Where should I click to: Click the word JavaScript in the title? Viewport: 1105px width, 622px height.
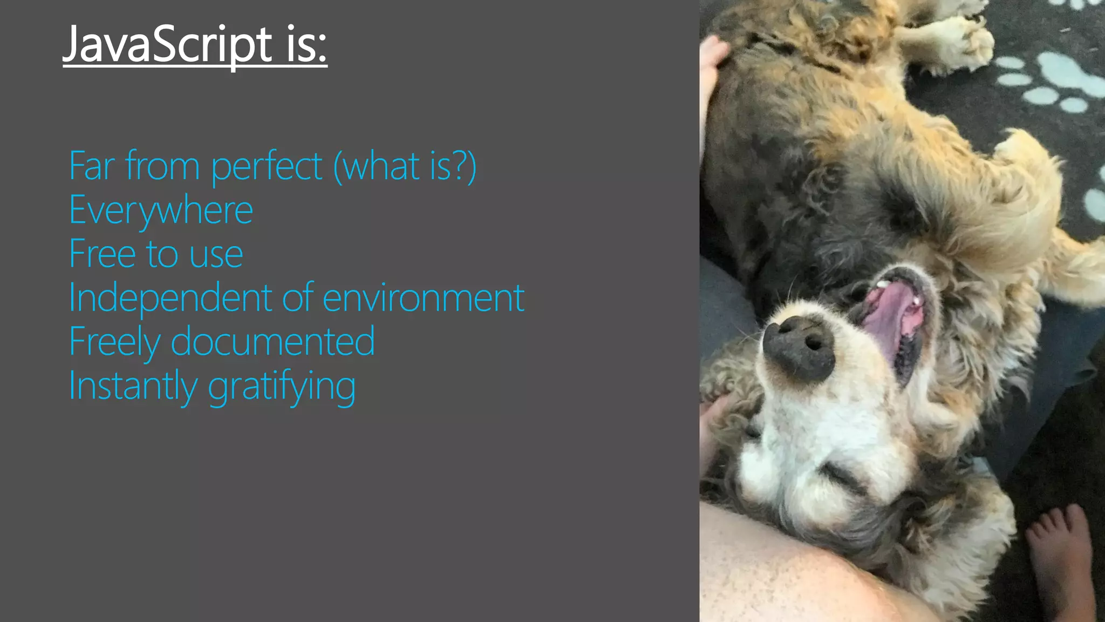pos(167,44)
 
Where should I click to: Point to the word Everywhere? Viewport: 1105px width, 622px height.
pos(161,211)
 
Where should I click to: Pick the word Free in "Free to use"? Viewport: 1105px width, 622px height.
pos(102,254)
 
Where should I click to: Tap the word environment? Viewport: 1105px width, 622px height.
pos(424,298)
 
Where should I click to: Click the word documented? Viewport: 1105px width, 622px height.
pos(272,341)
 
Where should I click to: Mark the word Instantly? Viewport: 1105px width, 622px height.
pos(133,386)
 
